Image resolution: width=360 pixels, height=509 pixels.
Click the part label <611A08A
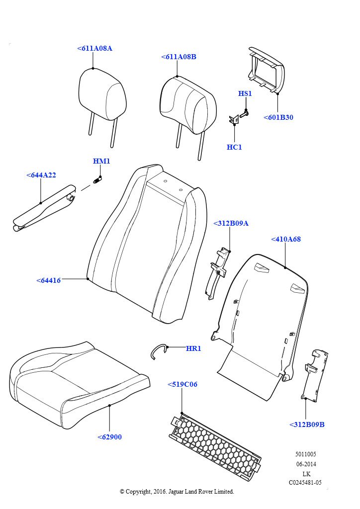coord(94,48)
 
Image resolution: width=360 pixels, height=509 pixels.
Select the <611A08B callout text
coord(179,57)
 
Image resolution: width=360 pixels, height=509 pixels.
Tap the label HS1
coord(245,93)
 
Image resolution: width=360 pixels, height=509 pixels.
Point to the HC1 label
coord(234,147)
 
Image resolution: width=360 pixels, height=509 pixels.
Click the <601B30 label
coord(278,118)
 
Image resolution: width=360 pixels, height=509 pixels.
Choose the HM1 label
coord(101,161)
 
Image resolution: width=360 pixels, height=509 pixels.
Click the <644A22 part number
coord(41,175)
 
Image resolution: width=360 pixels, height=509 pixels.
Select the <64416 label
coord(48,280)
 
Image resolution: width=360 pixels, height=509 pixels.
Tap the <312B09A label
coord(231,223)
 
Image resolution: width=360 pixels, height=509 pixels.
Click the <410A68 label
coord(285,239)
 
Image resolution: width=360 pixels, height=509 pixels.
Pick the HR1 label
coord(193,348)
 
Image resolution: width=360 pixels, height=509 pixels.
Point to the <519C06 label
coord(182,384)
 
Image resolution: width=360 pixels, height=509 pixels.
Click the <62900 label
coord(109,437)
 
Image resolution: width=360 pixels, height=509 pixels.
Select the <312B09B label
coord(307,424)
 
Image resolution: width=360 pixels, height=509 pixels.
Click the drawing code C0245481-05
coord(305,483)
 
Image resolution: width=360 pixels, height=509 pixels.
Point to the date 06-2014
coord(306,464)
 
